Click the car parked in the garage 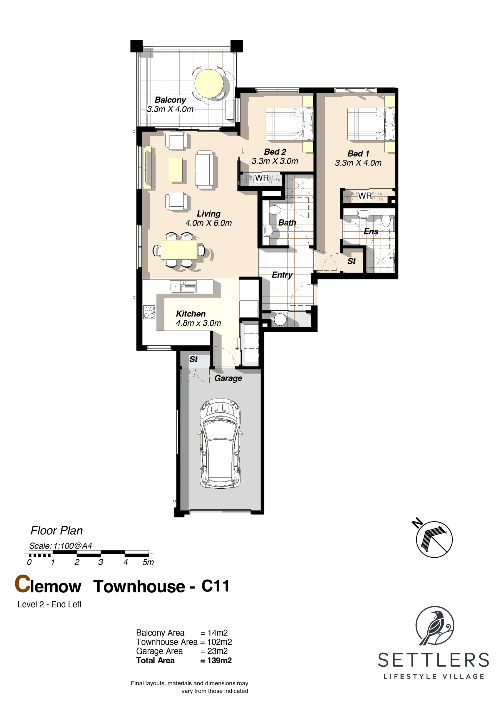coord(220,443)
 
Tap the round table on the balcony coord(209,83)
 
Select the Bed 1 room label coord(358,154)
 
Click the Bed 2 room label coord(275,152)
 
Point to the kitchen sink coord(183,287)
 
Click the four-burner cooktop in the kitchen coord(149,312)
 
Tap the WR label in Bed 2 coord(262,178)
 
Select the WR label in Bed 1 coord(365,196)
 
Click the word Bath coord(287,223)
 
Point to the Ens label coord(371,231)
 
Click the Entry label coord(282,275)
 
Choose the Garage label coord(228,378)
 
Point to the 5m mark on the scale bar coord(148,562)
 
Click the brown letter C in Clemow coord(23,584)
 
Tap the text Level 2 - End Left coord(49,604)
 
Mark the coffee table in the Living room coord(175,170)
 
